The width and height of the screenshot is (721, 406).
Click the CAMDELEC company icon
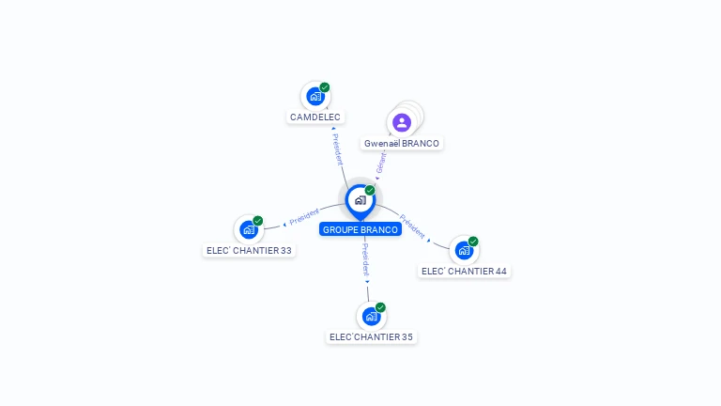[315, 96]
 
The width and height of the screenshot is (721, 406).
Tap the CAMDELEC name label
[315, 117]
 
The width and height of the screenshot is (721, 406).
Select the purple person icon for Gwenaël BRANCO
[402, 122]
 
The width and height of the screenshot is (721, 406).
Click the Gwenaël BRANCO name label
[402, 144]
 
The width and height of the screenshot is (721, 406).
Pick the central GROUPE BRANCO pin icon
[360, 200]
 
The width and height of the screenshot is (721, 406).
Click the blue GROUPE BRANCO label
[360, 229]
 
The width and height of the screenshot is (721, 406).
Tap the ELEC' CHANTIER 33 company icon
[249, 229]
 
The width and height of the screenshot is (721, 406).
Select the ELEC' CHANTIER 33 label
[249, 251]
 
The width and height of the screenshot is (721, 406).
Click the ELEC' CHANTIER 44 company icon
[464, 250]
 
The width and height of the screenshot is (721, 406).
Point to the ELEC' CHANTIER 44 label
[464, 272]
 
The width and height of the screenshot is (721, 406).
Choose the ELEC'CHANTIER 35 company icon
[371, 316]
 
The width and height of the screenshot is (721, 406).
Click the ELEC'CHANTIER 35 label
[371, 336]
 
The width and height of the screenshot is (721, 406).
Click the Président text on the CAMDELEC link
[338, 148]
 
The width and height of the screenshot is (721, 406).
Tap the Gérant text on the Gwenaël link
[381, 163]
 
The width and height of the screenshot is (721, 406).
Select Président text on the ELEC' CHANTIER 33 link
[304, 217]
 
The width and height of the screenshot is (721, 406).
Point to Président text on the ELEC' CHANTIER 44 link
[412, 226]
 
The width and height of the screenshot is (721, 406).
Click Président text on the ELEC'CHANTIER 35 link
[365, 259]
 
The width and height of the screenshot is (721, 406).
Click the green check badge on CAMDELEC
[325, 87]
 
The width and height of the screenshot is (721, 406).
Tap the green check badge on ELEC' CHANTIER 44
[473, 242]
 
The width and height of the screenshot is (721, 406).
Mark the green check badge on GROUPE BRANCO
[370, 191]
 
